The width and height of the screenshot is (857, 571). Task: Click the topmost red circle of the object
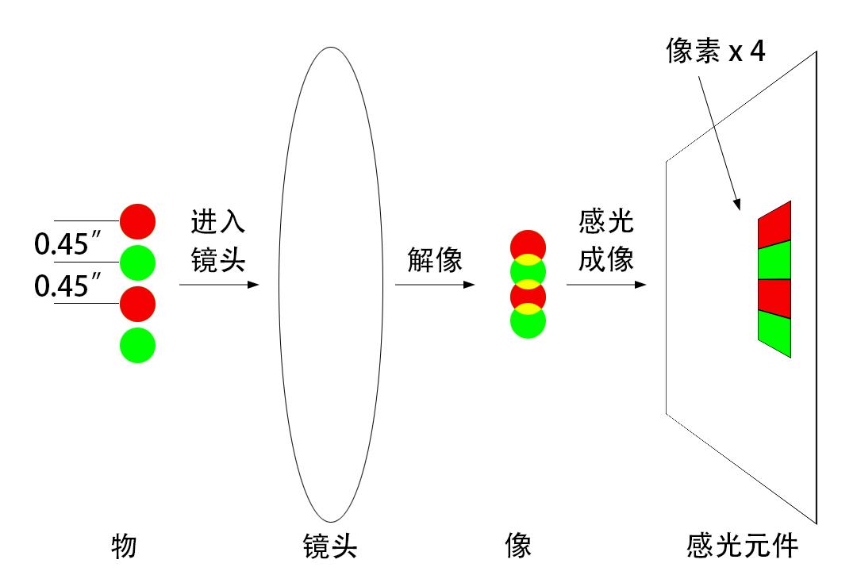137,221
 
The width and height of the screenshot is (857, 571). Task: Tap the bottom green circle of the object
137,345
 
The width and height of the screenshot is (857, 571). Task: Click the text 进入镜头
217,240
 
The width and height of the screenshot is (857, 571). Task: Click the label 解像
435,260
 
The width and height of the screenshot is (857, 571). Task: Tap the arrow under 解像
435,283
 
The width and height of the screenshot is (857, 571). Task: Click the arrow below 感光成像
606,283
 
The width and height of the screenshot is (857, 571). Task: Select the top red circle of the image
528,243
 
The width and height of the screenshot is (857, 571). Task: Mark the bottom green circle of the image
528,324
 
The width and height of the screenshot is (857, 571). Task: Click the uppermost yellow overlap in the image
528,259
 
